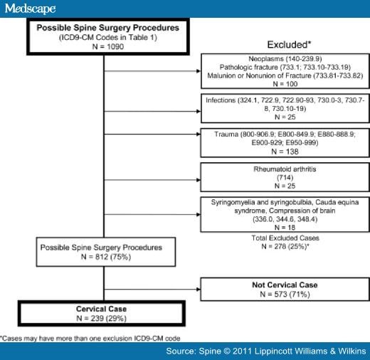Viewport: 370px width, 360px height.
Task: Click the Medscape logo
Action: pyautogui.click(x=30, y=9)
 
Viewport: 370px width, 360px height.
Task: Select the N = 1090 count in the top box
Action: pyautogui.click(x=108, y=46)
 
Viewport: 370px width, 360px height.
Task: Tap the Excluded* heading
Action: pyautogui.click(x=289, y=44)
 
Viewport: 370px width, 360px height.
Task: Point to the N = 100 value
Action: pyautogui.click(x=285, y=84)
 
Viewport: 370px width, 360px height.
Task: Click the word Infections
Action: pyautogui.click(x=221, y=100)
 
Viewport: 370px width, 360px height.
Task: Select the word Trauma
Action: pyautogui.click(x=226, y=134)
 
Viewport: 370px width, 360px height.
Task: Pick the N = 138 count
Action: pyautogui.click(x=285, y=152)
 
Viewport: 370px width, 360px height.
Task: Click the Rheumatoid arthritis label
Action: pyautogui.click(x=285, y=169)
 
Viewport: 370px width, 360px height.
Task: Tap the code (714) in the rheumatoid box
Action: pyautogui.click(x=285, y=177)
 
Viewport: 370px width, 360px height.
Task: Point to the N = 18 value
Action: pyautogui.click(x=285, y=228)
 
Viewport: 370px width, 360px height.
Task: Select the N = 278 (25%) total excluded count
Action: pyautogui.click(x=285, y=246)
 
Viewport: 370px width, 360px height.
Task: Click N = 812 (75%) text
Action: pyautogui.click(x=106, y=257)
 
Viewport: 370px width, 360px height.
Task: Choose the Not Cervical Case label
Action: pyautogui.click(x=285, y=285)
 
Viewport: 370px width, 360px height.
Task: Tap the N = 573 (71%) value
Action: pyautogui.click(x=285, y=294)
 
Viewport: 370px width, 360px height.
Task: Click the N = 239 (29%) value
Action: pyautogui.click(x=101, y=318)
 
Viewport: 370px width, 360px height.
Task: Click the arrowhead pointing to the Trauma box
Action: pyautogui.click(x=199, y=134)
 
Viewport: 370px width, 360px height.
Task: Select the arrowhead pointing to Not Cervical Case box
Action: pyautogui.click(x=199, y=289)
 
